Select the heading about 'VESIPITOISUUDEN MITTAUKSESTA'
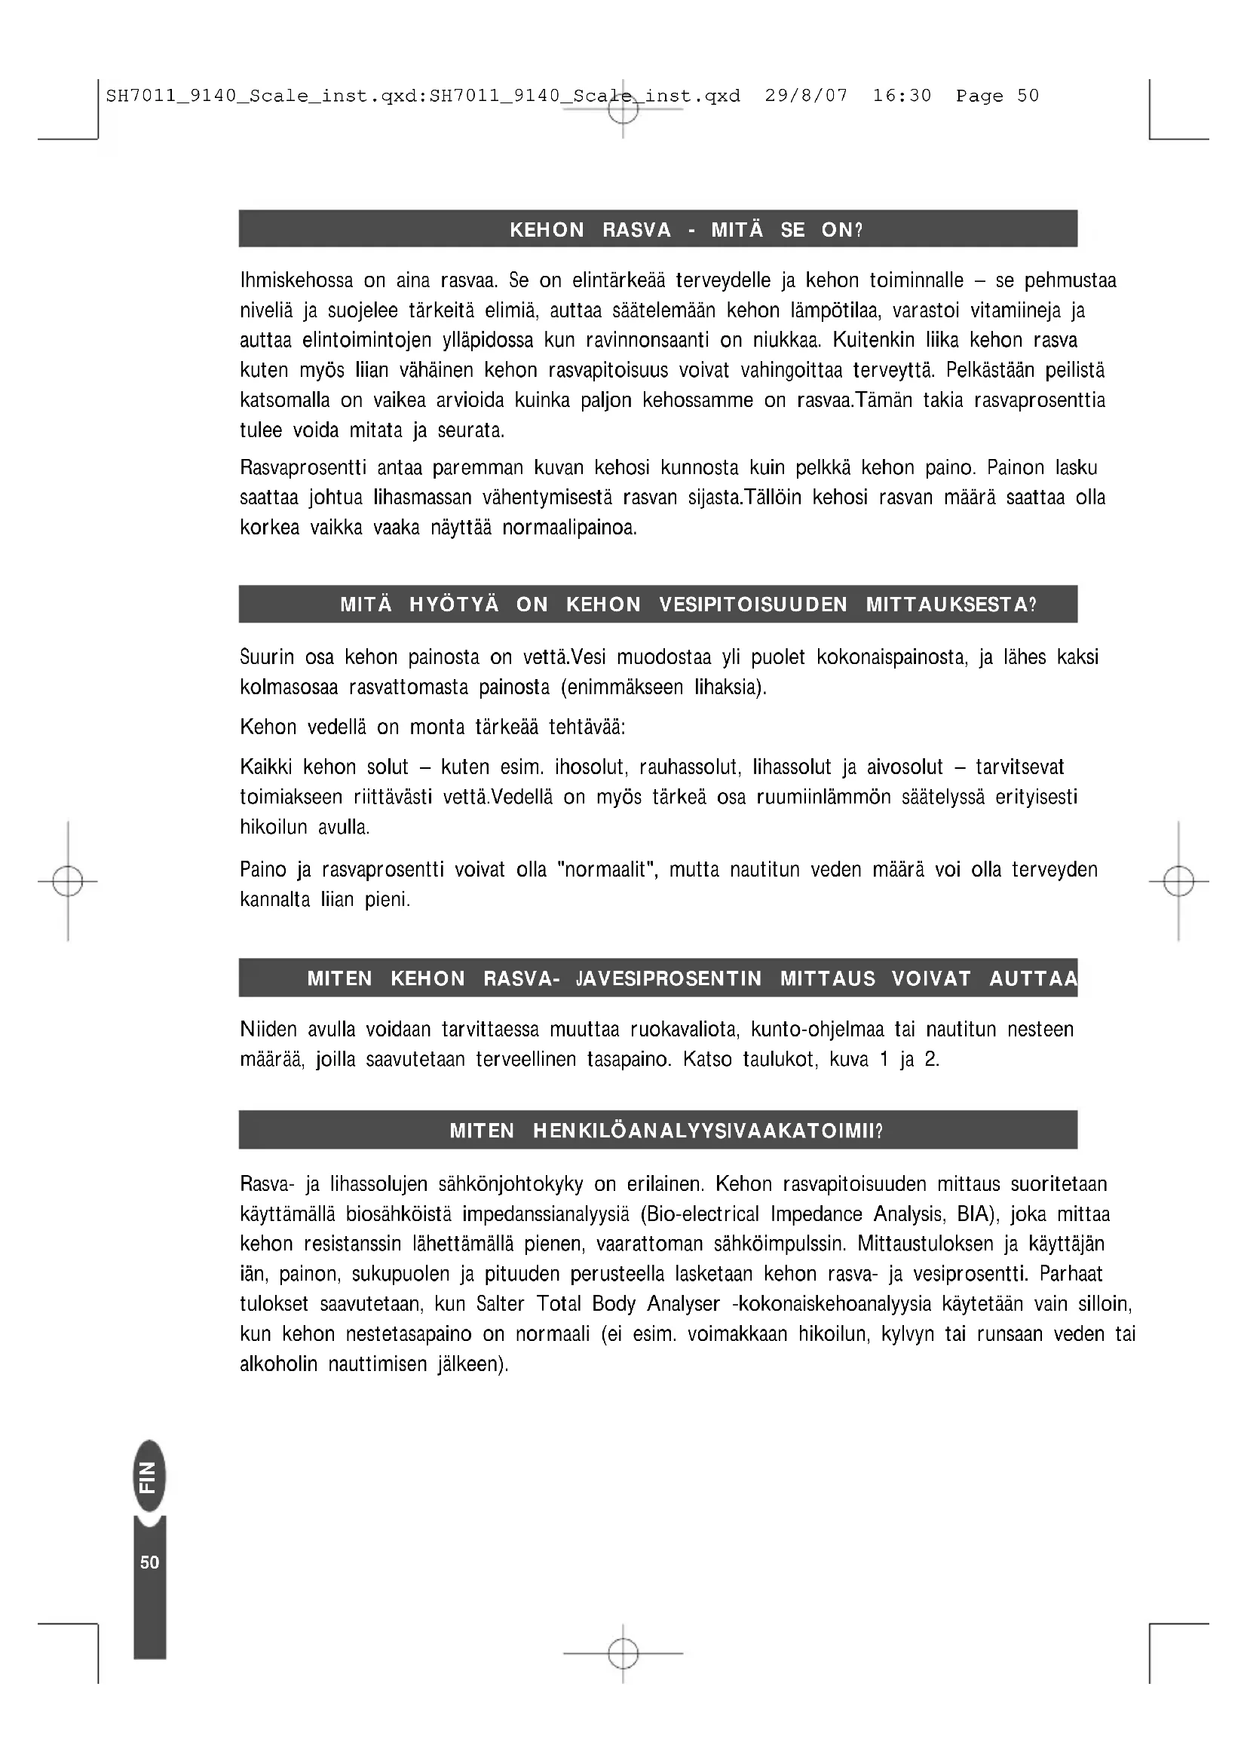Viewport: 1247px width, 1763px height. pos(688,605)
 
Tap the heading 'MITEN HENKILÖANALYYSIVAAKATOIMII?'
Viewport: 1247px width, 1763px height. pos(666,1131)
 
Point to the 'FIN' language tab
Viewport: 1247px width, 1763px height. pos(149,1477)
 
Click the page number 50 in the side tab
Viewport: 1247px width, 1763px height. pos(150,1562)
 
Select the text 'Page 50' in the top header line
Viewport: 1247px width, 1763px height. pos(997,96)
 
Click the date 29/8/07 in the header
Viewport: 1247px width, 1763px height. pos(806,96)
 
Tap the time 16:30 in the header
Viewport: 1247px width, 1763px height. pos(902,96)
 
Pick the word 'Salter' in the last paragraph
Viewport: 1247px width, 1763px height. pos(500,1304)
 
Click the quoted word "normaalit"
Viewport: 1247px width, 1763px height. pos(608,870)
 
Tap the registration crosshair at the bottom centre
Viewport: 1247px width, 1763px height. pos(623,1652)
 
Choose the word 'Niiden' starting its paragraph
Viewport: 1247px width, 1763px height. pos(268,1030)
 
